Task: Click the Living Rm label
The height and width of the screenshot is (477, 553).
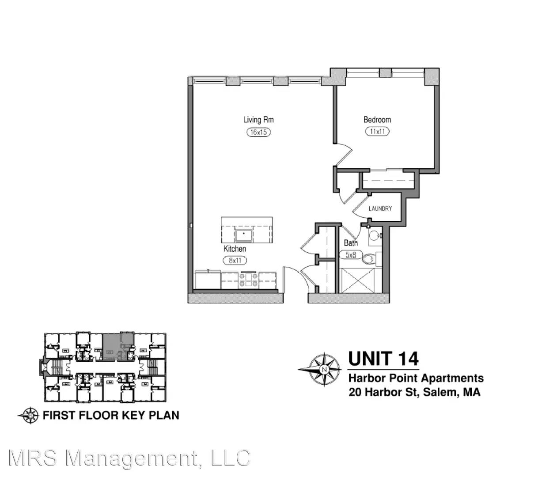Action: pos(258,120)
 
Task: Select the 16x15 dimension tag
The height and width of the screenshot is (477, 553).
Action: pos(258,132)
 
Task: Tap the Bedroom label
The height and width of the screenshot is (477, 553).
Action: pos(377,120)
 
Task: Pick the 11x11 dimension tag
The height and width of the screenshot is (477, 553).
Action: pos(377,131)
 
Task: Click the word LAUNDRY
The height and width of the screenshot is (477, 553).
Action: pos(380,208)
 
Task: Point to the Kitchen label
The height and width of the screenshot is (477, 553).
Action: pos(235,249)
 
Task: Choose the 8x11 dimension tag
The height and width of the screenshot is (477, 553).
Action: pos(235,260)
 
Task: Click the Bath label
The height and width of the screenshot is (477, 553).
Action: pos(350,243)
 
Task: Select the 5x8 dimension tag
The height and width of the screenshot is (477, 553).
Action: pos(351,255)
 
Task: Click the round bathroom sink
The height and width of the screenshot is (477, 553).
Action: pos(374,236)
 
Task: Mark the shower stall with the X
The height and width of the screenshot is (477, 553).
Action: pos(360,280)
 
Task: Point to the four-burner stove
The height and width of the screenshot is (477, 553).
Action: pos(248,280)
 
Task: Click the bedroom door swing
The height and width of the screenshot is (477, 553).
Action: pos(343,155)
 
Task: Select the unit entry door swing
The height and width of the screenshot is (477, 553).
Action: pos(299,280)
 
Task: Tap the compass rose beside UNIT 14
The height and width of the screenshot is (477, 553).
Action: pos(323,370)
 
